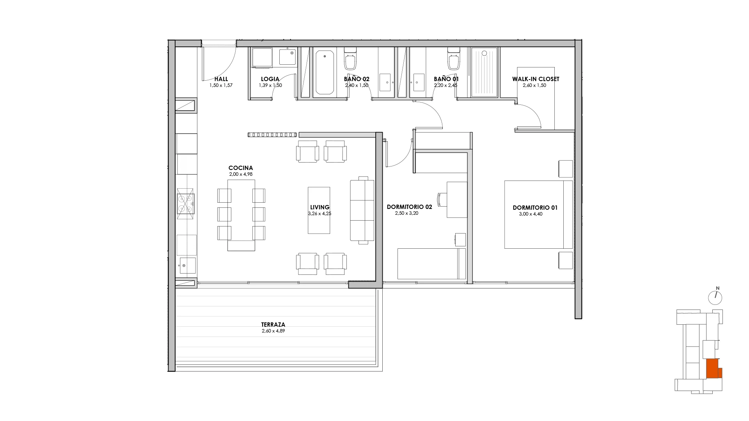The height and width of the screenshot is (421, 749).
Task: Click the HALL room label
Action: pos(221,79)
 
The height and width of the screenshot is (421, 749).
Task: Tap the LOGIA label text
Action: pos(270,79)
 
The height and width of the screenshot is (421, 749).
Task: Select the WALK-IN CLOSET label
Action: pos(536,79)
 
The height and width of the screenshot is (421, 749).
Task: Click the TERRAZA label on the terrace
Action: pos(273,324)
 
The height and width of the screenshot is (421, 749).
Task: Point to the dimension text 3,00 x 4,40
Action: pos(531,214)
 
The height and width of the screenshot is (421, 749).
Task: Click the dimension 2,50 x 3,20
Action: pos(406,213)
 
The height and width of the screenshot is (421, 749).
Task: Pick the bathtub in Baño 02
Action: pos(325,72)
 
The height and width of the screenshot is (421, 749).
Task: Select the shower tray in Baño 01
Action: pos(485,72)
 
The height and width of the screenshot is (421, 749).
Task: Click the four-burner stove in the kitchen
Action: pos(186,203)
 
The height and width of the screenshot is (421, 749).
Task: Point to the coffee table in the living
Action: pos(319,210)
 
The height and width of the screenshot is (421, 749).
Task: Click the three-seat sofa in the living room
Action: pos(362,210)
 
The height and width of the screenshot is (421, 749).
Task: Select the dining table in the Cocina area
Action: pos(241,215)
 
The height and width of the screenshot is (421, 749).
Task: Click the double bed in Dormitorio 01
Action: pos(538,214)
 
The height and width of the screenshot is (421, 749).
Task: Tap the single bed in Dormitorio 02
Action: pos(431,264)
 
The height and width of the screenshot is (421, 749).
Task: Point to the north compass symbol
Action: pos(715,297)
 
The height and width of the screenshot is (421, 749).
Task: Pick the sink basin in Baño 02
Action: pos(385,82)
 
